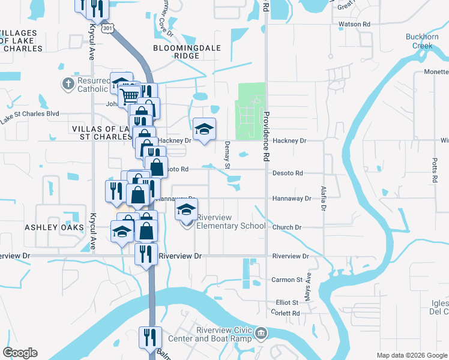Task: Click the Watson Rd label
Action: [354, 24]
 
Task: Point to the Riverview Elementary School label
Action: [231, 221]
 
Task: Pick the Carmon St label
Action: [287, 280]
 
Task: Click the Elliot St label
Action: [287, 302]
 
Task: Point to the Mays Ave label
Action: [308, 292]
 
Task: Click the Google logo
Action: [19, 353]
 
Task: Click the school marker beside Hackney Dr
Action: [204, 128]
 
